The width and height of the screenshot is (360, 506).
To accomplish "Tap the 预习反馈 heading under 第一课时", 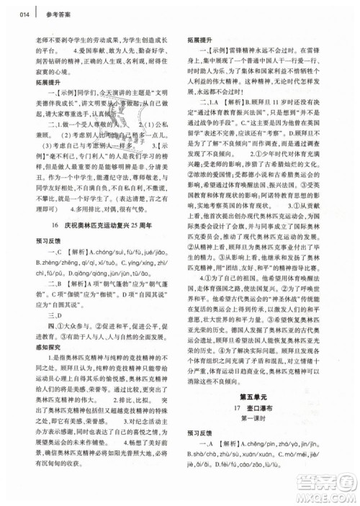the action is pyautogui.click(x=200, y=453).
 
